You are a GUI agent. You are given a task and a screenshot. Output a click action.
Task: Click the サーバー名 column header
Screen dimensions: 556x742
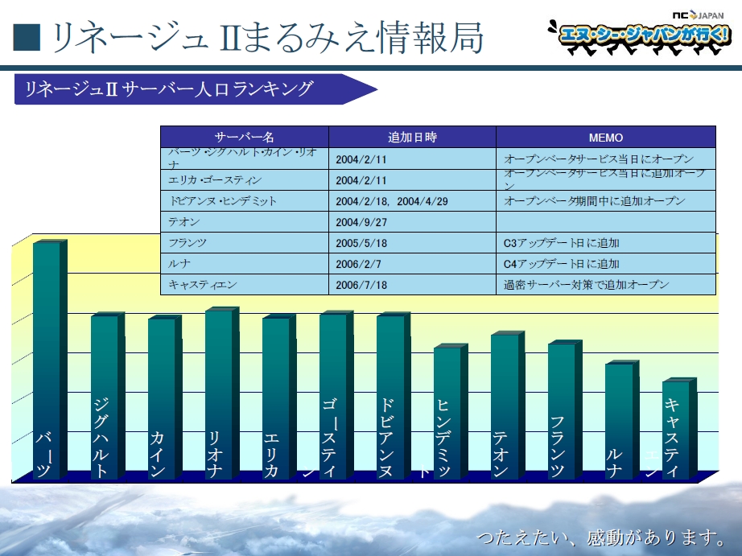[244, 138]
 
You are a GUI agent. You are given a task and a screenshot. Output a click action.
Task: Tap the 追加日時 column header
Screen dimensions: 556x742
[412, 138]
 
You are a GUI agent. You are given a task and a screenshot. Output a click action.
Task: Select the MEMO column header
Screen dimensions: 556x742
[605, 138]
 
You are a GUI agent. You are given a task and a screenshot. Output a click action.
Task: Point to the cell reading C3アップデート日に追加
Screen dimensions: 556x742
[561, 242]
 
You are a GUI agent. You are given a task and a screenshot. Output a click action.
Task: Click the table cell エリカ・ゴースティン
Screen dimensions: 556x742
[215, 179]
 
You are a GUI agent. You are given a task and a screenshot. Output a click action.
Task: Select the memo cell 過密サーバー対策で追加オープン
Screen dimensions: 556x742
[586, 284]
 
